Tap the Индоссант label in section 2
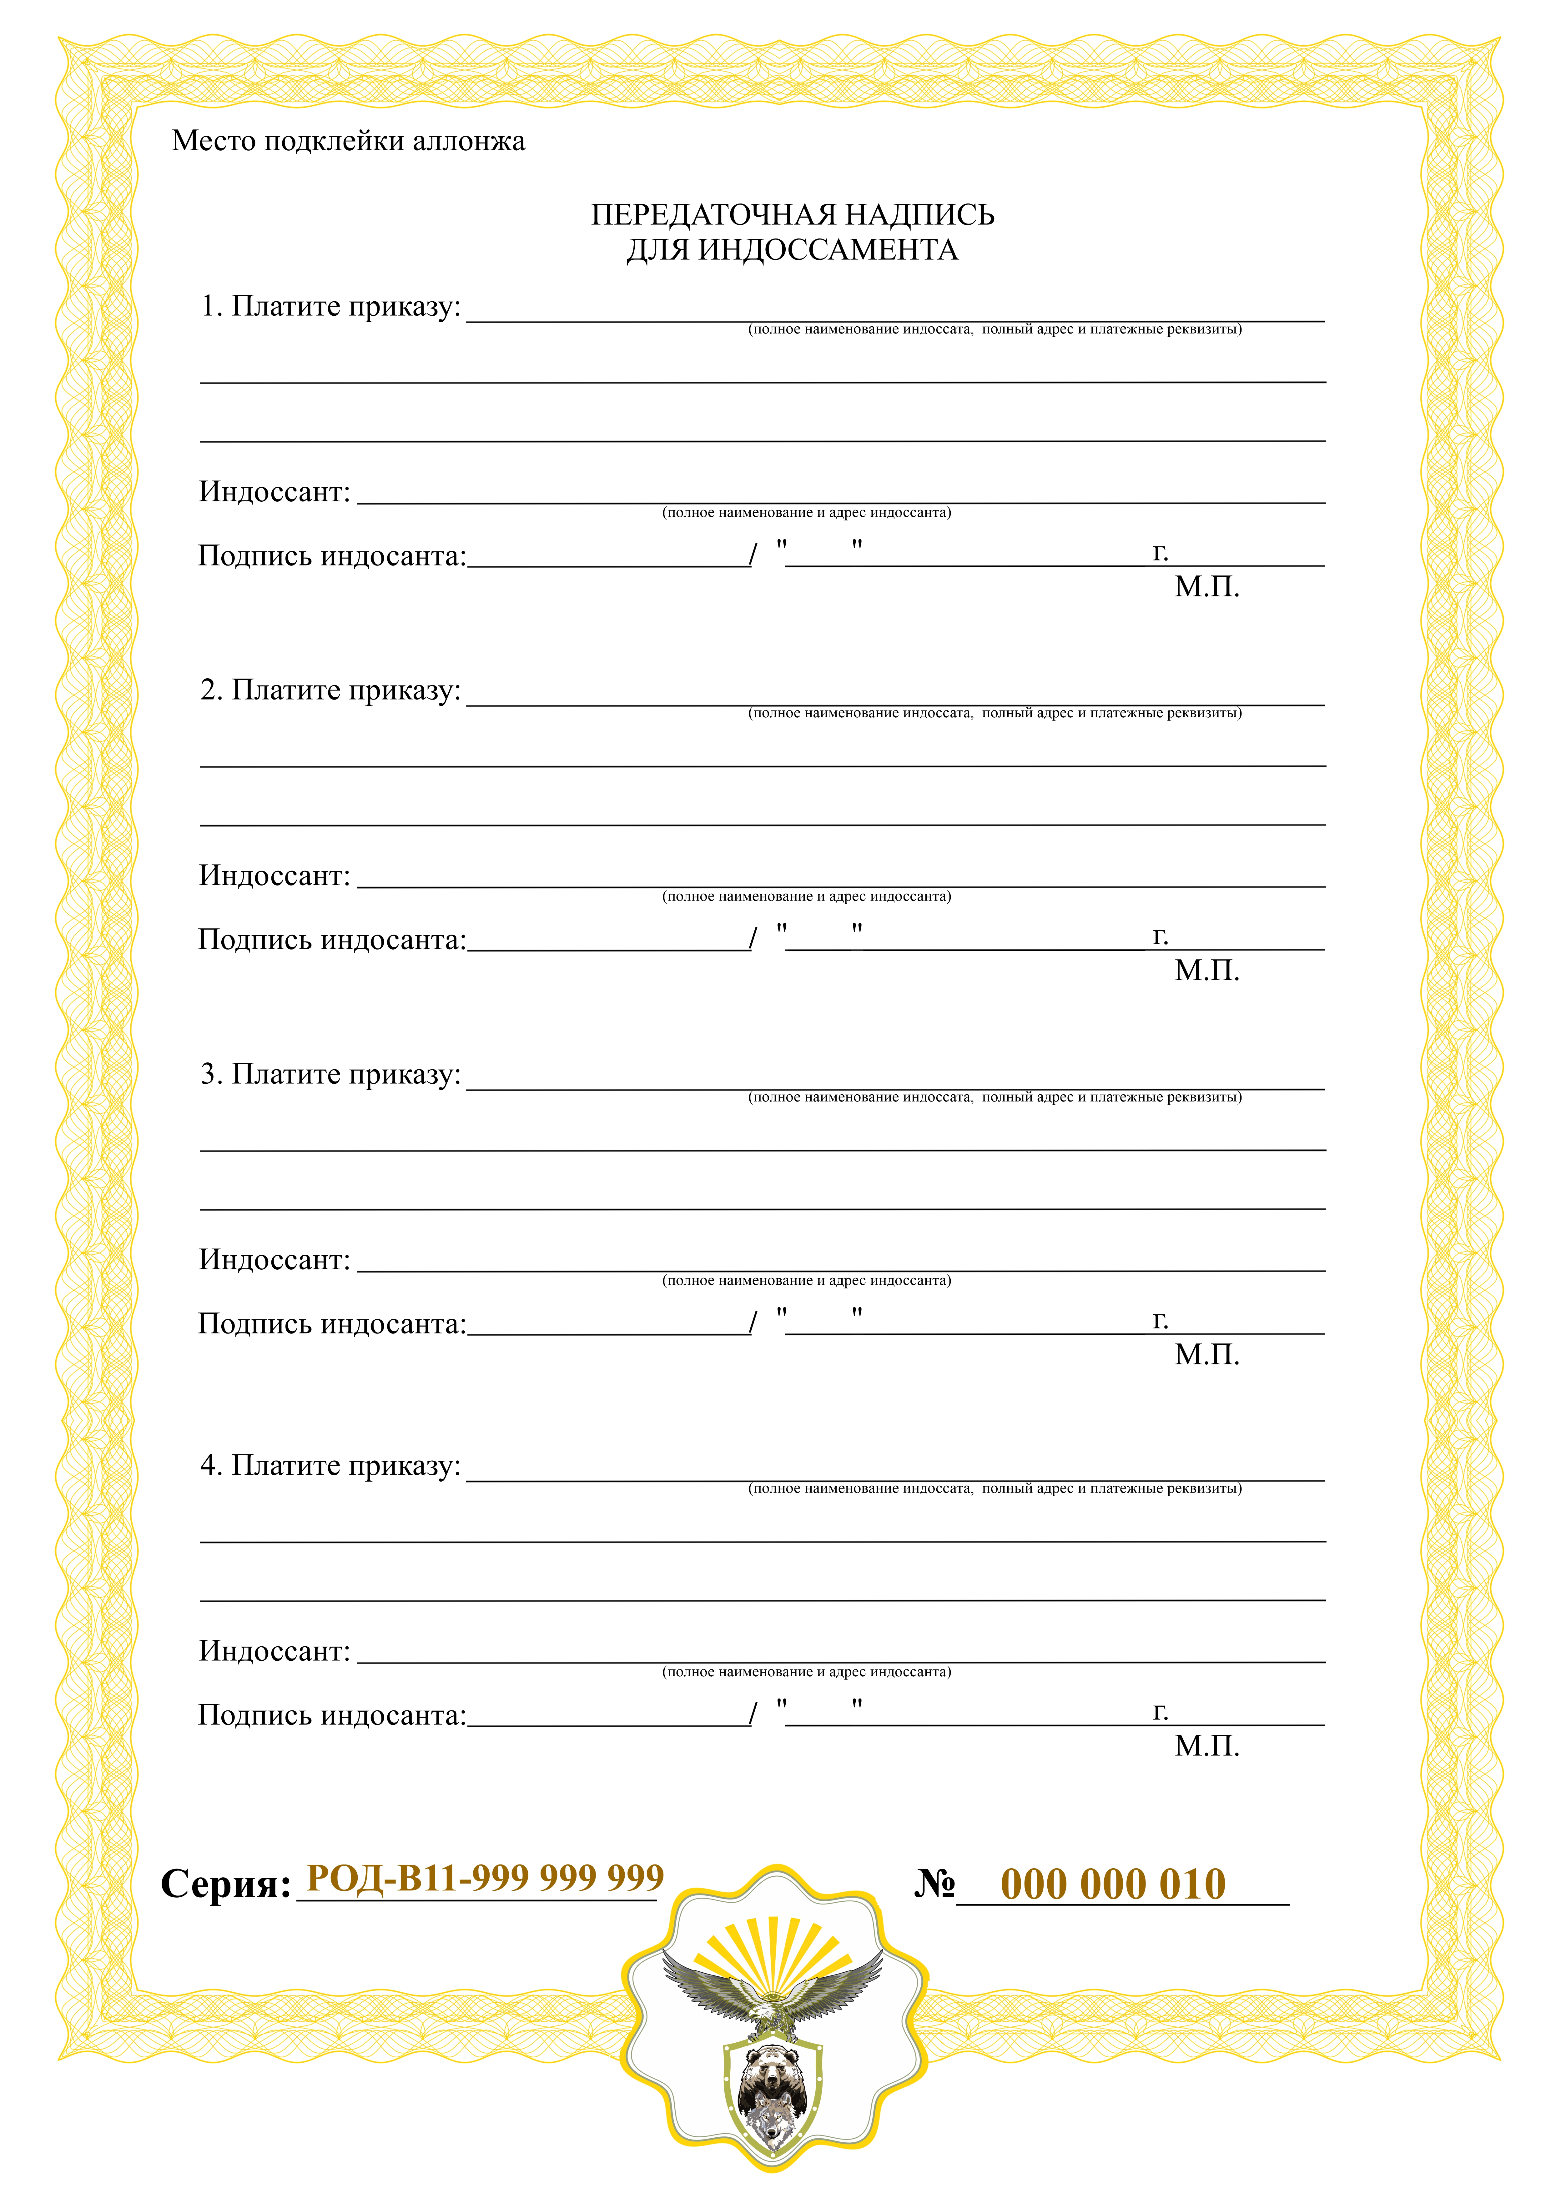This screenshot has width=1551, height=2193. [274, 876]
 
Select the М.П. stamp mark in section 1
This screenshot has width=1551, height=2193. [1206, 587]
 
